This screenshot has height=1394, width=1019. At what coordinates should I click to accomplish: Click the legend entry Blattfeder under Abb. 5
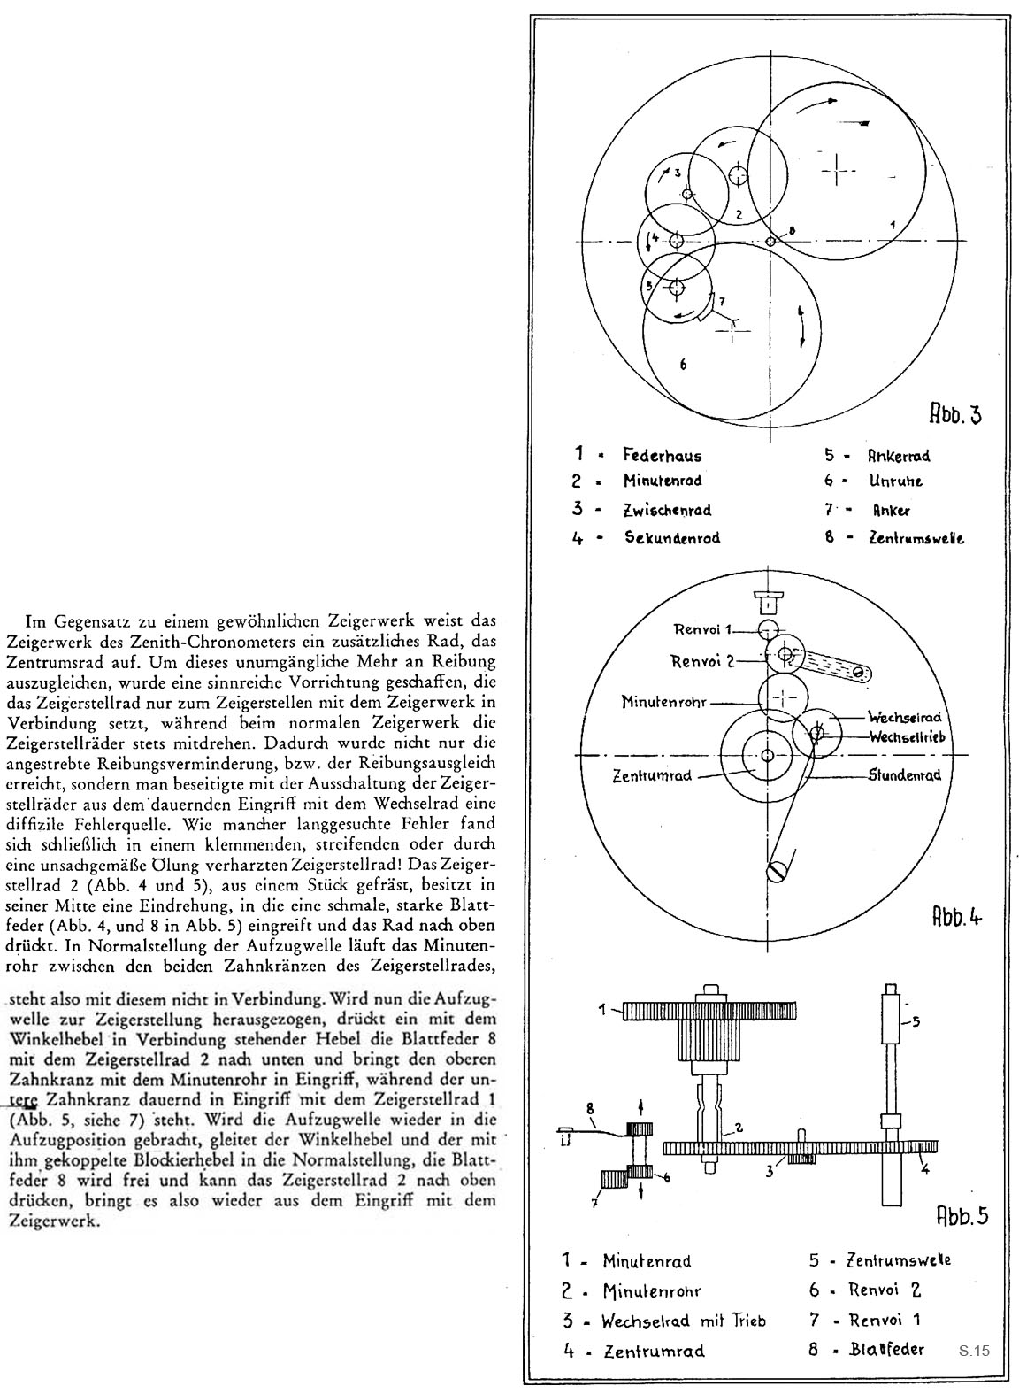[x=886, y=1350]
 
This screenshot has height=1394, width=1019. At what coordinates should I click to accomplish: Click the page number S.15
[x=973, y=1352]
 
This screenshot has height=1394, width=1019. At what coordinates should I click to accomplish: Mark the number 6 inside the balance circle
[x=683, y=364]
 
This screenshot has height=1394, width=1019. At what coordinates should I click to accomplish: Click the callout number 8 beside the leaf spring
[x=589, y=1107]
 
